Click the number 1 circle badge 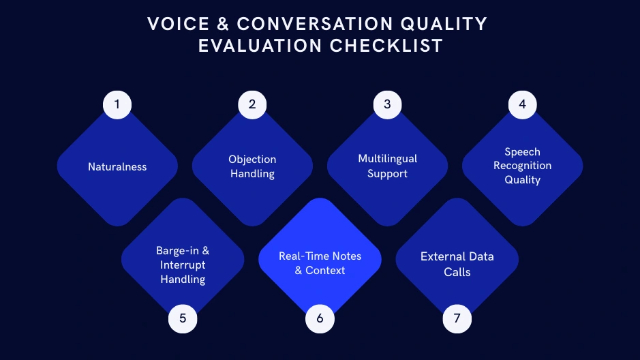pyautogui.click(x=117, y=104)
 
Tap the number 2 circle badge pyautogui.click(x=252, y=104)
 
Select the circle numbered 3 pyautogui.click(x=387, y=104)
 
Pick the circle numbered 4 pyautogui.click(x=523, y=104)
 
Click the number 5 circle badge pyautogui.click(x=183, y=318)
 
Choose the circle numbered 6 pyautogui.click(x=320, y=318)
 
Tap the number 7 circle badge pyautogui.click(x=457, y=318)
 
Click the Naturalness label pyautogui.click(x=117, y=167)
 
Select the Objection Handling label pyautogui.click(x=252, y=166)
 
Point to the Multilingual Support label pyautogui.click(x=387, y=166)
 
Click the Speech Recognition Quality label pyautogui.click(x=523, y=166)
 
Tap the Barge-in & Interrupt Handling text pyautogui.click(x=183, y=265)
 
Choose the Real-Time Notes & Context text pyautogui.click(x=320, y=263)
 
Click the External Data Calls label pyautogui.click(x=457, y=264)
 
